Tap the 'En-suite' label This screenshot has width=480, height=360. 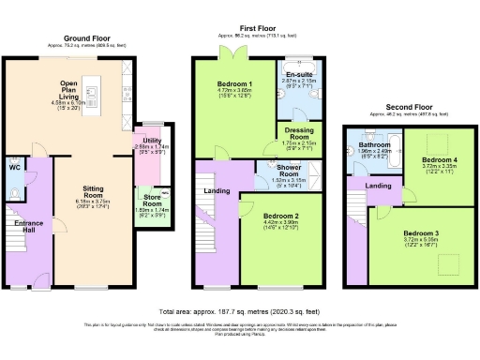(x=300, y=73)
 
